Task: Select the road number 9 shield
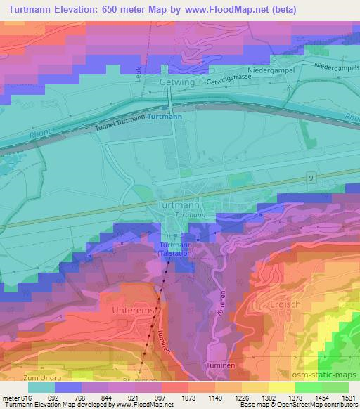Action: coord(311,179)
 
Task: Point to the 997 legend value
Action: coord(160,398)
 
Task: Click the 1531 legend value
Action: coord(349,398)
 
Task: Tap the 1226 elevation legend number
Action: coord(240,398)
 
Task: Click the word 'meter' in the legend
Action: coord(10,398)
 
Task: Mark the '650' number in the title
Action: coord(112,10)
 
